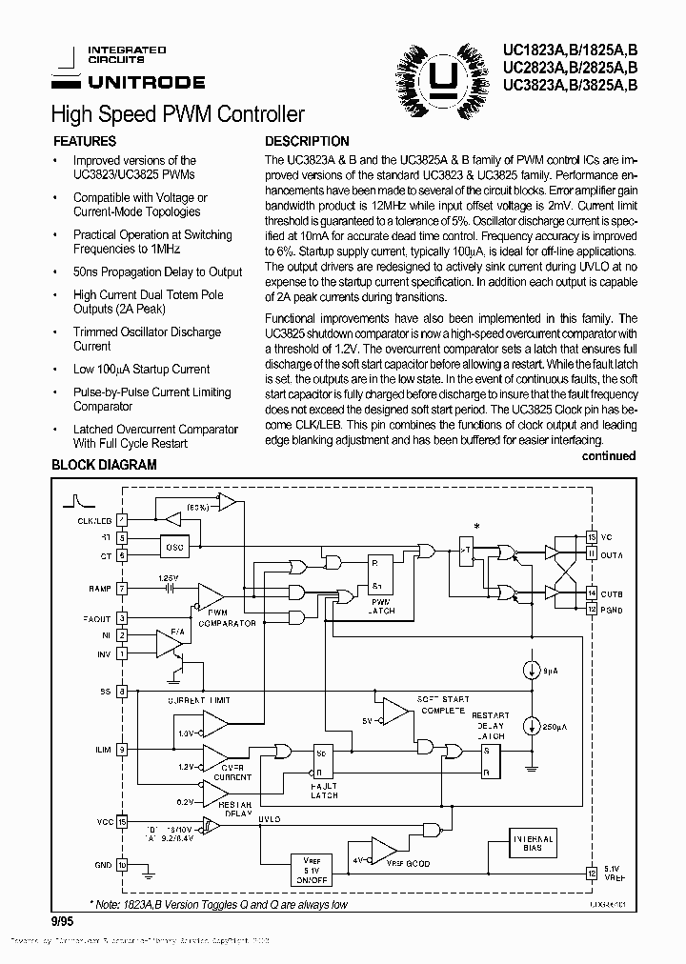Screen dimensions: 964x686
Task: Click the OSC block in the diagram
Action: click(174, 547)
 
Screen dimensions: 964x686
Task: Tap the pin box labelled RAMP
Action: click(122, 589)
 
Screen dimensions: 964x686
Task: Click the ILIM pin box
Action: click(122, 750)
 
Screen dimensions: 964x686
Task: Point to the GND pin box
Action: click(122, 865)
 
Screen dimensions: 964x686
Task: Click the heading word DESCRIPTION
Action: click(307, 141)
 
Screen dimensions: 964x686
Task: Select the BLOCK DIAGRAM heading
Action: click(104, 466)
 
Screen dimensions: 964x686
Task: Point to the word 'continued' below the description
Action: click(608, 456)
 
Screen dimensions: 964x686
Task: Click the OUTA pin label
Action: click(613, 554)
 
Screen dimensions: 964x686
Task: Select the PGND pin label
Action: click(613, 609)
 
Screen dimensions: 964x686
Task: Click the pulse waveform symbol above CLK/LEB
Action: click(75, 501)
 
